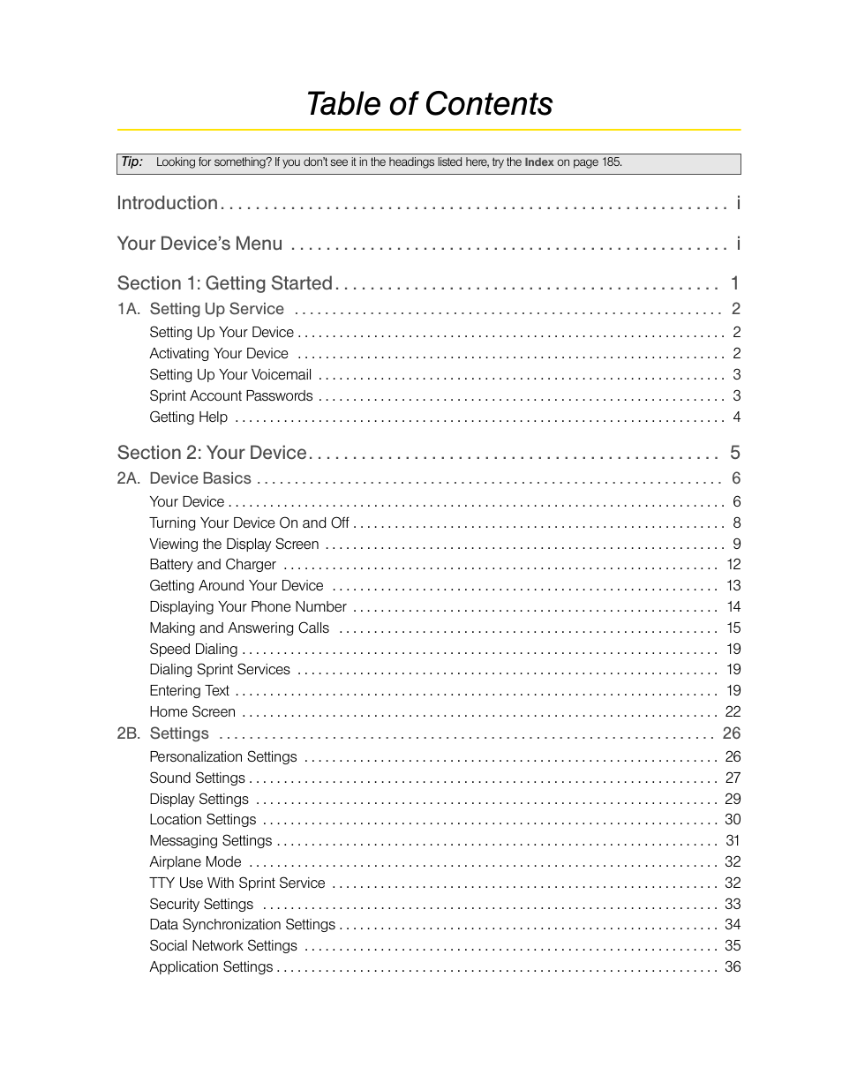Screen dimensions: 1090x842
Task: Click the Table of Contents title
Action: click(429, 104)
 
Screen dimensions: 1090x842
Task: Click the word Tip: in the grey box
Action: click(132, 162)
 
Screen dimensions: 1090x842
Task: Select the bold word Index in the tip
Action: click(539, 162)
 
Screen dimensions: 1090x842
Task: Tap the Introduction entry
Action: click(168, 203)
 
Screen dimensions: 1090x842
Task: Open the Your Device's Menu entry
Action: click(200, 244)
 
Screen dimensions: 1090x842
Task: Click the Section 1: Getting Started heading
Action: click(225, 283)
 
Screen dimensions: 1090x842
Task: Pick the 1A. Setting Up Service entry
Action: click(201, 309)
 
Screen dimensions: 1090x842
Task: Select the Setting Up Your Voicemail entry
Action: click(230, 375)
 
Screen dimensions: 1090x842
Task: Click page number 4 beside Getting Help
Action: click(736, 417)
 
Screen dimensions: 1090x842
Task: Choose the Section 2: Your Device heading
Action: click(212, 453)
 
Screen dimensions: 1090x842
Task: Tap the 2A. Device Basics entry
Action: click(185, 478)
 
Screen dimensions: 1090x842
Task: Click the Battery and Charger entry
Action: click(213, 565)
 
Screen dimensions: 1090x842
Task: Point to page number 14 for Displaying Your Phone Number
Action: click(733, 606)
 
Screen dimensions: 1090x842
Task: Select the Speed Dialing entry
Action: click(193, 649)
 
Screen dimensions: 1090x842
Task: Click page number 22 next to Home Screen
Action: click(733, 711)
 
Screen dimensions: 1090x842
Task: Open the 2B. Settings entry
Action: click(164, 733)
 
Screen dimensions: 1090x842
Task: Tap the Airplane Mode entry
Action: click(195, 861)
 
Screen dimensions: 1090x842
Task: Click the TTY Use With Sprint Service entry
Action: click(237, 883)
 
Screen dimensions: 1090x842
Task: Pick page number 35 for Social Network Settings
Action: click(733, 945)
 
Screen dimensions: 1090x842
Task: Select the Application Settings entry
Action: click(211, 966)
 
